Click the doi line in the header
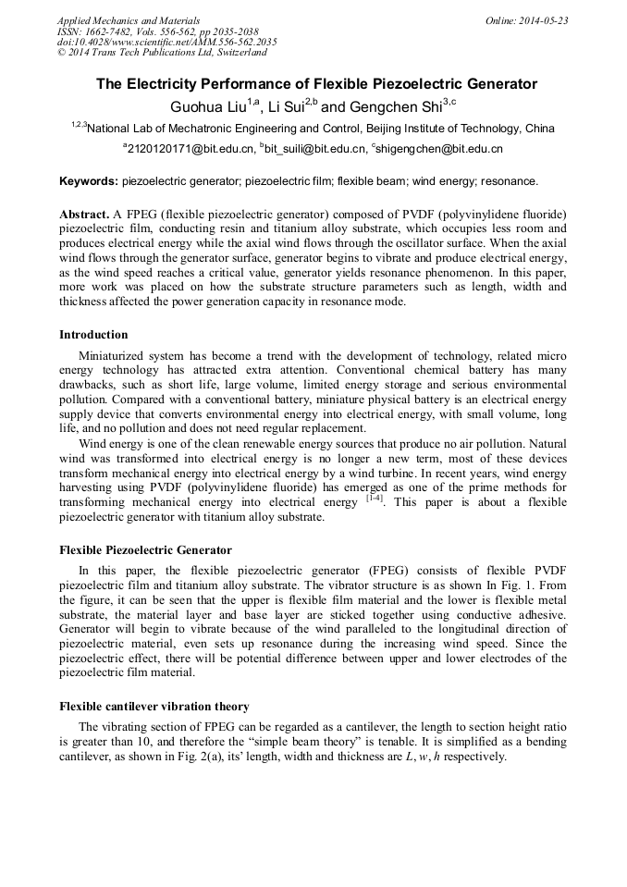pyautogui.click(x=166, y=43)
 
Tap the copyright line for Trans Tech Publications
pyautogui.click(x=162, y=54)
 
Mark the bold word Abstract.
pyautogui.click(x=84, y=215)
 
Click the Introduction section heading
pyautogui.click(x=93, y=335)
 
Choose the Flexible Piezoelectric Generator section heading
pyautogui.click(x=145, y=550)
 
